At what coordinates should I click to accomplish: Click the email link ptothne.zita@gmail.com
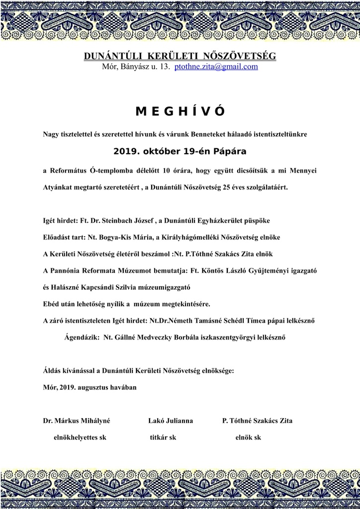click(x=216, y=67)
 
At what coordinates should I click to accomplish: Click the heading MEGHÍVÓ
click(x=180, y=112)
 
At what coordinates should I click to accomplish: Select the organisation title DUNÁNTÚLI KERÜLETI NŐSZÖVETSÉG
click(x=180, y=56)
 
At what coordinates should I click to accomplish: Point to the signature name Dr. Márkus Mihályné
click(x=77, y=421)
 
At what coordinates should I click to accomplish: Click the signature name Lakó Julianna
click(x=171, y=421)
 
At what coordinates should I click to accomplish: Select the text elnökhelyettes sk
click(x=80, y=438)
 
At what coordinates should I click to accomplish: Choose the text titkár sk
click(x=163, y=438)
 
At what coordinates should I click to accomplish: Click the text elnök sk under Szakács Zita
click(x=248, y=438)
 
